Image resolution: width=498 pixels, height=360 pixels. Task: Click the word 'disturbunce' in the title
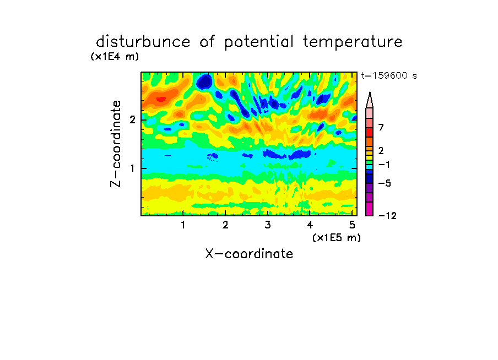point(143,42)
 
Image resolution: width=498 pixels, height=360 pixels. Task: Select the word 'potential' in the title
point(259,42)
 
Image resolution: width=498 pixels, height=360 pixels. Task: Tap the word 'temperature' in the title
point(353,42)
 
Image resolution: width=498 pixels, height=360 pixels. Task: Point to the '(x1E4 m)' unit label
point(115,57)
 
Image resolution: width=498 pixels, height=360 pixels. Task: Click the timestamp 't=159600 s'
point(389,75)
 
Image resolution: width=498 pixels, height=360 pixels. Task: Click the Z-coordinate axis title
point(116,144)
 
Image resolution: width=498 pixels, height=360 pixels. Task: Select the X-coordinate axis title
point(249,254)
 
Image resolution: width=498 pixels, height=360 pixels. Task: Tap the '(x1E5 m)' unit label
point(337,238)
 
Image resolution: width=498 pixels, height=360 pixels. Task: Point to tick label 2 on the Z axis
point(132,120)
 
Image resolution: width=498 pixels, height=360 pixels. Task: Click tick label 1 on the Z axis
point(132,168)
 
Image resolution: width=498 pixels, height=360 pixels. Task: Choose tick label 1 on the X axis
point(183,225)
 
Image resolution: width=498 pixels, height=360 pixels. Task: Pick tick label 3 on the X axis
point(268,225)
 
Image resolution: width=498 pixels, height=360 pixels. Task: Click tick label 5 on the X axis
point(352,225)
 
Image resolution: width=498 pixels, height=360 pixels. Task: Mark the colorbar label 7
point(381,128)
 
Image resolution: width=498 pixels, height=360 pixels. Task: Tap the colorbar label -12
point(387,216)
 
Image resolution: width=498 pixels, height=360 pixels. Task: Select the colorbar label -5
point(385,183)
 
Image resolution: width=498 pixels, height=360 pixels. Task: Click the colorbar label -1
point(384,165)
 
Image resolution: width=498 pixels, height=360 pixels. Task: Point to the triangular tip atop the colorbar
point(370,92)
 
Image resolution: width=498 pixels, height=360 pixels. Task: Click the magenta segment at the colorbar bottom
point(370,209)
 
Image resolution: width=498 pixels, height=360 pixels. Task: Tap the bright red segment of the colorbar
point(370,132)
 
